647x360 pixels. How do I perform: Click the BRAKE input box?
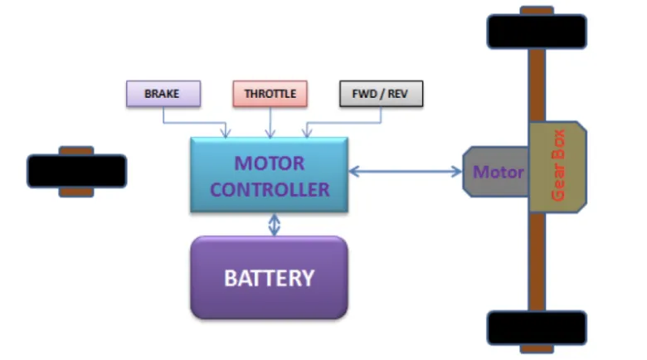click(x=163, y=94)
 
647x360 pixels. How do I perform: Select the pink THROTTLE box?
click(x=270, y=94)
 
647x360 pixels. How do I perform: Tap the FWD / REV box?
click(x=381, y=94)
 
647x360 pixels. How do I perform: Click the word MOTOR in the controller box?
click(x=270, y=163)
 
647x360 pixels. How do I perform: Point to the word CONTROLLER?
click(x=270, y=189)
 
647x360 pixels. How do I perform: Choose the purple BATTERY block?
click(x=269, y=277)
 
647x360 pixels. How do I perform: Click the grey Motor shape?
click(x=494, y=172)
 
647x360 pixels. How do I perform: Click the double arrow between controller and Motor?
click(x=405, y=172)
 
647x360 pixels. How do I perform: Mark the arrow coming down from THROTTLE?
click(x=270, y=122)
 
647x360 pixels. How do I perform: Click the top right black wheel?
click(x=537, y=31)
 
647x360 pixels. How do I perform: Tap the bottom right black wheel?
click(x=537, y=328)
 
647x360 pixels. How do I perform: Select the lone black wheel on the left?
click(x=76, y=171)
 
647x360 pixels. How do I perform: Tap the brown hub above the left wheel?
click(x=76, y=150)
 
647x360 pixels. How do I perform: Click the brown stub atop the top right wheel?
click(x=537, y=11)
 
